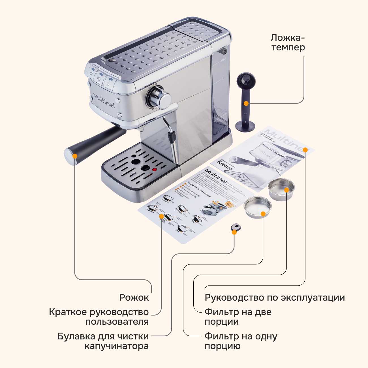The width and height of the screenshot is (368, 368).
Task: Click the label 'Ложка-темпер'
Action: click(288, 42)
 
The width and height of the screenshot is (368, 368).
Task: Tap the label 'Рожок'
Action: click(134, 298)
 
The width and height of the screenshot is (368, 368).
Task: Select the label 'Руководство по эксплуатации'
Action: click(275, 298)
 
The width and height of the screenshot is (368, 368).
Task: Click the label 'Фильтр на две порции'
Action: click(238, 317)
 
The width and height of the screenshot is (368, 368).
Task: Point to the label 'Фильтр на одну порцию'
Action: click(241, 341)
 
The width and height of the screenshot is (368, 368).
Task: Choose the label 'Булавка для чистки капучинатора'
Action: click(103, 341)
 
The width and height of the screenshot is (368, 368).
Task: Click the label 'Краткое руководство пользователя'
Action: click(99, 317)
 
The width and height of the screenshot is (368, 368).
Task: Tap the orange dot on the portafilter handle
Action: click(75, 156)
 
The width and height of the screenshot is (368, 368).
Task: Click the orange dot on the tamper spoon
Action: click(246, 103)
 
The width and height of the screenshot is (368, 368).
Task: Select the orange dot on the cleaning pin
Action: click(234, 232)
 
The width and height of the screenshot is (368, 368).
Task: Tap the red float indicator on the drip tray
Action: click(155, 170)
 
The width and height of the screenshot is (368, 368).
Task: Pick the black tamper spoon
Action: click(245, 102)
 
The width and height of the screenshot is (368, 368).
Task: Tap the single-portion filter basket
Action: click(257, 207)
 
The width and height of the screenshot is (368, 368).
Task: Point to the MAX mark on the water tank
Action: click(223, 60)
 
